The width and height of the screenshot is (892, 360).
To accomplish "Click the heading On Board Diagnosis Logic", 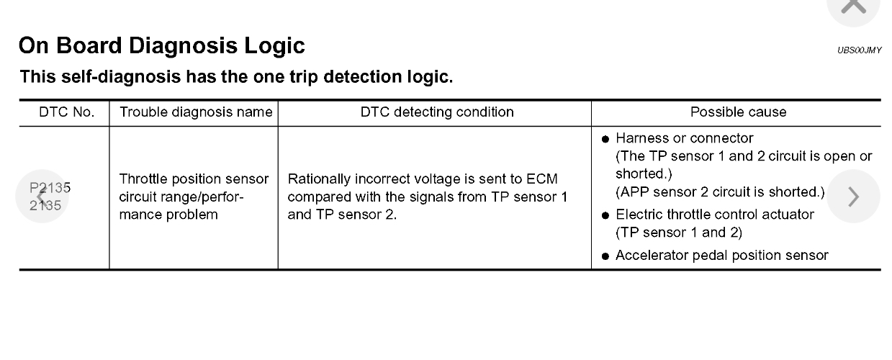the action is [161, 46].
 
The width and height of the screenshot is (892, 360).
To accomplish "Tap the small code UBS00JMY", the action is [860, 50].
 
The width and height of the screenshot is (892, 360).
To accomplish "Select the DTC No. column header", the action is [66, 112].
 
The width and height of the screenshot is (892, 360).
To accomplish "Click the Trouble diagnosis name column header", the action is [195, 112].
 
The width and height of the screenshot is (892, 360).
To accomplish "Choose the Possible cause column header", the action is [738, 112].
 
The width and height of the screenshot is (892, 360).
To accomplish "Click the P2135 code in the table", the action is [50, 189].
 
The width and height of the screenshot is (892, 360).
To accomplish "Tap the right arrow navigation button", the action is [853, 196].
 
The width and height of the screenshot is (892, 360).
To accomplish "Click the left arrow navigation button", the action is [41, 197].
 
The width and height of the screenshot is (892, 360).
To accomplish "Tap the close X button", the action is [853, 6].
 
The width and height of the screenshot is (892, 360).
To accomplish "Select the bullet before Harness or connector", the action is [605, 139].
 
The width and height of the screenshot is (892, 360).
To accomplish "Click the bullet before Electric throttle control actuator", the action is [605, 215].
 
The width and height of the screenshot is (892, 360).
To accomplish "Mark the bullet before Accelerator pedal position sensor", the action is [605, 256].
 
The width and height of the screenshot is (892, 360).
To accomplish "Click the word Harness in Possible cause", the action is [639, 138].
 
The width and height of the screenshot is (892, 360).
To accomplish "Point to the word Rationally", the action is [318, 179].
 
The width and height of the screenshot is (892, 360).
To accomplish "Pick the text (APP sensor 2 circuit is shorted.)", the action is [719, 192].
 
